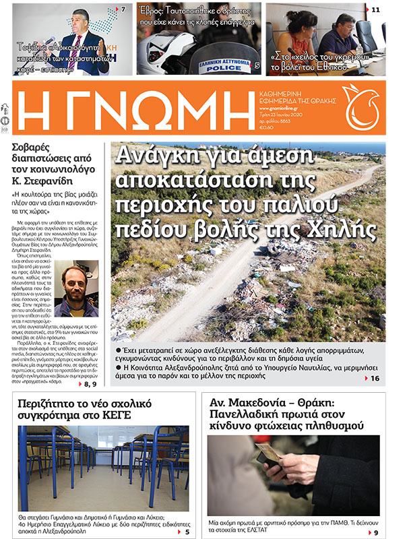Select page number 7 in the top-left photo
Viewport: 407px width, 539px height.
pyautogui.click(x=124, y=9)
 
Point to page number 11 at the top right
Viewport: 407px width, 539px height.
pyautogui.click(x=375, y=9)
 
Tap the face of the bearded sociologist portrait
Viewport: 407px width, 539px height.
pyautogui.click(x=76, y=280)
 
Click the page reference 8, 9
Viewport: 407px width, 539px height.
pyautogui.click(x=90, y=383)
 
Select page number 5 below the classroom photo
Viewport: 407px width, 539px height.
pyautogui.click(x=188, y=532)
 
